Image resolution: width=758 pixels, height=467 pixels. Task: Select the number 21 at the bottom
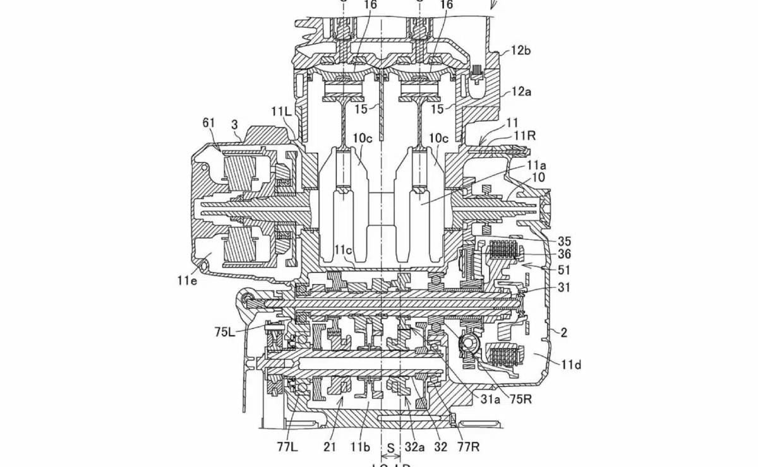click(330, 447)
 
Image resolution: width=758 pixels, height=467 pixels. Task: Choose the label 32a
click(414, 447)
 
